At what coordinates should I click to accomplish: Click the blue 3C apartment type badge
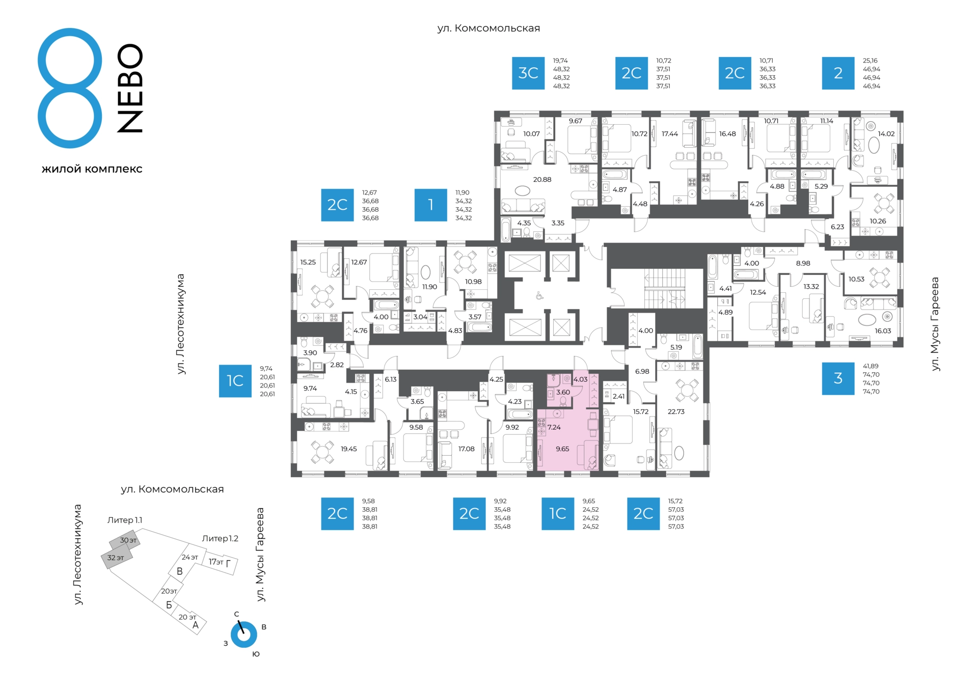click(528, 73)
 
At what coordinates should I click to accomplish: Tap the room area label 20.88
click(542, 179)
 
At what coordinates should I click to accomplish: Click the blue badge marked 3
click(838, 378)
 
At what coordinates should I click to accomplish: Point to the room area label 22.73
click(676, 411)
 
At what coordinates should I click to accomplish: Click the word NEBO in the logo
click(130, 88)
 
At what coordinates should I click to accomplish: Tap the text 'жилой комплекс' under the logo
click(92, 169)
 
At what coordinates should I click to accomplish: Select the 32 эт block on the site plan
click(116, 558)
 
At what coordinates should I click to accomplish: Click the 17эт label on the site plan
click(216, 562)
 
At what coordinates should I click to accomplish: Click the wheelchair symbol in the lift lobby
click(539, 295)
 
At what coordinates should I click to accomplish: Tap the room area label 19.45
click(349, 449)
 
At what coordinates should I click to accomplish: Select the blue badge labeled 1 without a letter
click(431, 205)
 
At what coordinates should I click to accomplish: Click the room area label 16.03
click(883, 330)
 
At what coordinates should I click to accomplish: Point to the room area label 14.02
click(886, 134)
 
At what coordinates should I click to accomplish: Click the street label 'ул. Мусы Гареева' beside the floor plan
click(935, 324)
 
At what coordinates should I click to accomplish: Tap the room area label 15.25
click(308, 262)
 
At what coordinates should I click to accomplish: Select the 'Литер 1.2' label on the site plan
click(220, 538)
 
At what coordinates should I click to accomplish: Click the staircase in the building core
click(665, 289)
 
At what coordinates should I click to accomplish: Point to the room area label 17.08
click(466, 449)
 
